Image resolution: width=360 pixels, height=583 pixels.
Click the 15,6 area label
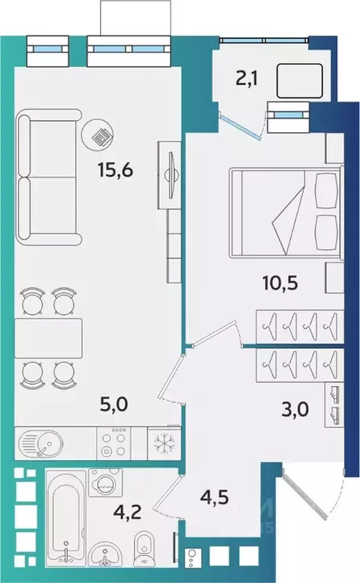click(116, 171)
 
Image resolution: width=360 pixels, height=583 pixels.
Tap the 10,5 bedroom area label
click(280, 283)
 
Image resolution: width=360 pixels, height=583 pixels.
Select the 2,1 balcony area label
click(247, 79)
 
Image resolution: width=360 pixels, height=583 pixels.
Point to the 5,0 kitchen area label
click(114, 404)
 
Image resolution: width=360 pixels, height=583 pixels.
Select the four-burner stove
click(113, 443)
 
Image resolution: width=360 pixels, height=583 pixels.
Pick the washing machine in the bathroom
click(106, 483)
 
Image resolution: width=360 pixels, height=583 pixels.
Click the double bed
click(285, 213)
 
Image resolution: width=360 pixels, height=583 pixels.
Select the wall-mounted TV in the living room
click(172, 175)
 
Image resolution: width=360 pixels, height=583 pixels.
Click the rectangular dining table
click(48, 338)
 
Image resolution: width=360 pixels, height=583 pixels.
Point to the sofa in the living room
click(49, 177)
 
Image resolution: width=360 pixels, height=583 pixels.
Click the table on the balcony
click(299, 80)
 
